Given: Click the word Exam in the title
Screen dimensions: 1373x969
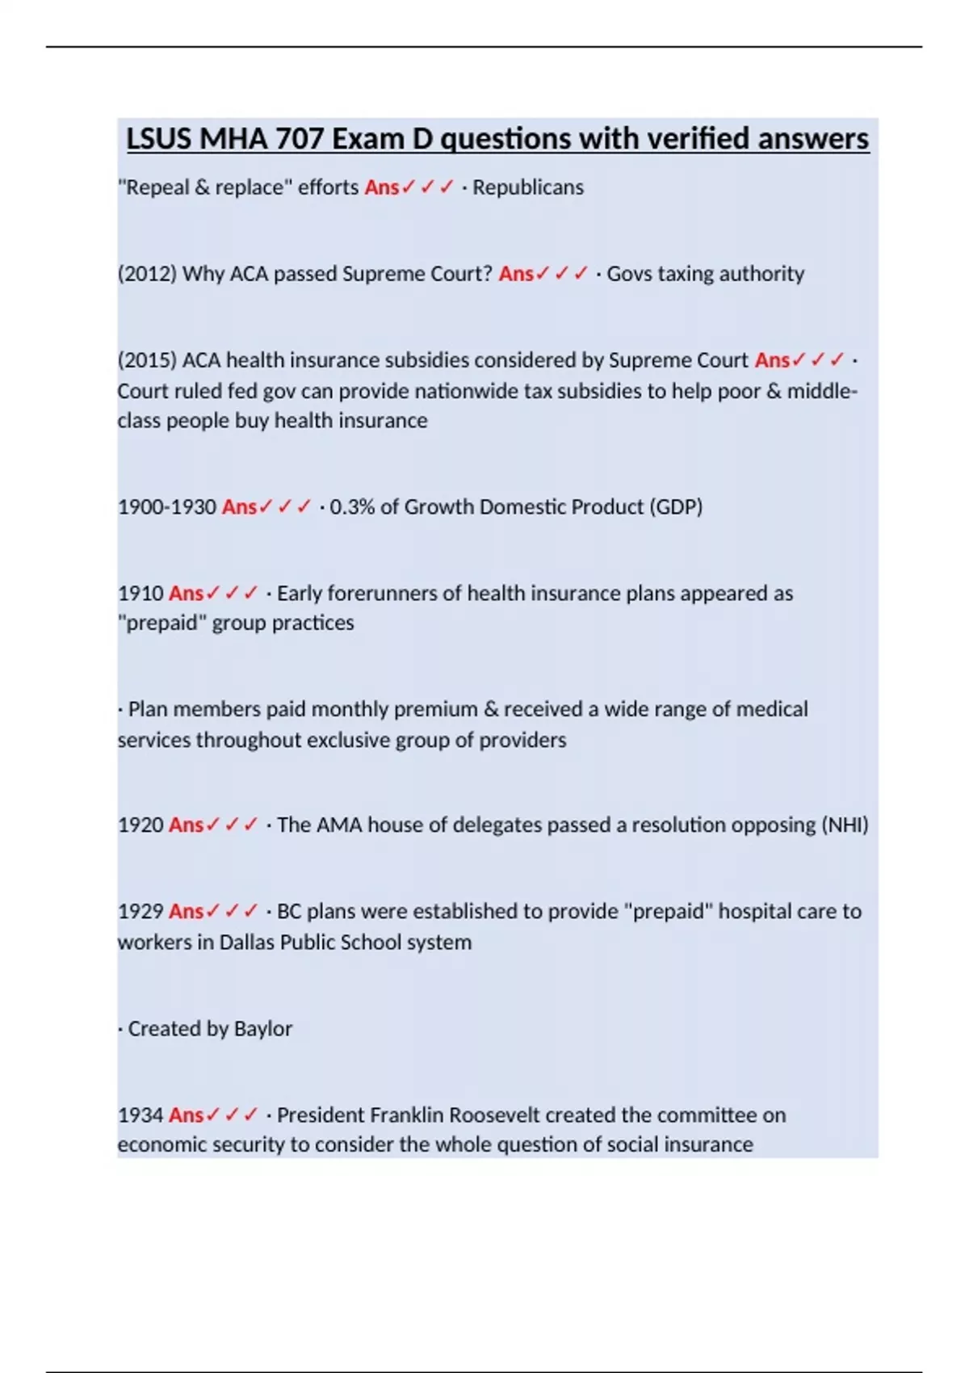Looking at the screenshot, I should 369,139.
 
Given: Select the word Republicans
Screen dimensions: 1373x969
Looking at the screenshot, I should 528,187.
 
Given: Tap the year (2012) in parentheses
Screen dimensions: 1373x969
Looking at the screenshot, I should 147,274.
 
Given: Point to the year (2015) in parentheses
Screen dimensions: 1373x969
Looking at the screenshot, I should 147,360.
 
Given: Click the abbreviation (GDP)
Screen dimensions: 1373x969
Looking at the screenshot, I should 676,507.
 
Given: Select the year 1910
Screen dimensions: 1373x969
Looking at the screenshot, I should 141,594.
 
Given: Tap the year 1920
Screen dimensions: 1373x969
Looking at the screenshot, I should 141,825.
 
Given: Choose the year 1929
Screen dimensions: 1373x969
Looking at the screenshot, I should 141,912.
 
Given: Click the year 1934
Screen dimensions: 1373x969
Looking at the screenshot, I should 141,1115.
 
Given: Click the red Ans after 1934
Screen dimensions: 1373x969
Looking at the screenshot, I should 186,1115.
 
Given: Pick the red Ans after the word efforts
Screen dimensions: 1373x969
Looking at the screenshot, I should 382,187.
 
